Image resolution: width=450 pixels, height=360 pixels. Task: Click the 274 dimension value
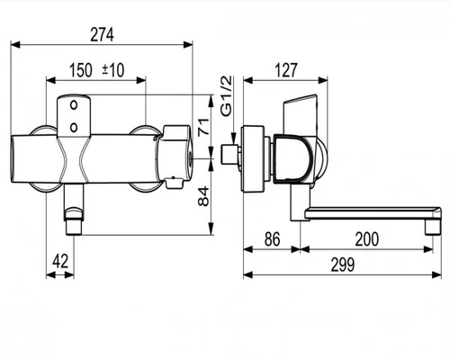(x=102, y=34)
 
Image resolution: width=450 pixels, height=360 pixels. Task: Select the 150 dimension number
(x=81, y=70)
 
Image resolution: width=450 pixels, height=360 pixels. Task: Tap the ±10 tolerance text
(x=113, y=70)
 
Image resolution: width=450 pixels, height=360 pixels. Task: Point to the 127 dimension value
(x=286, y=70)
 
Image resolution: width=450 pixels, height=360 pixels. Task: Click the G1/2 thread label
(x=227, y=96)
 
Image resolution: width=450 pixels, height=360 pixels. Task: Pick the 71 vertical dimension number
(x=204, y=127)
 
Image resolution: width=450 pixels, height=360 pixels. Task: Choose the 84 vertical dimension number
(x=204, y=196)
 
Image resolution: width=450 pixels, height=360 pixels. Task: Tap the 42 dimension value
(x=60, y=261)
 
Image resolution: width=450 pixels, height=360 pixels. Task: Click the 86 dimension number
(x=272, y=239)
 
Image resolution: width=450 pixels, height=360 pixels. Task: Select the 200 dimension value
(x=367, y=239)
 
